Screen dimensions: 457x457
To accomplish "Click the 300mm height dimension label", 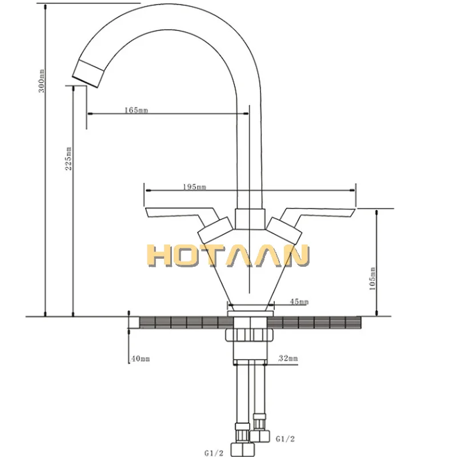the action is pos(42,81).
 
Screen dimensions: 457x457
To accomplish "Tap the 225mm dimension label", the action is pos(68,159).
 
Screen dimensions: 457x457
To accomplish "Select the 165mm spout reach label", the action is pos(136,110).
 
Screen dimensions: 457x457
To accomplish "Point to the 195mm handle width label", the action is pos(194,187).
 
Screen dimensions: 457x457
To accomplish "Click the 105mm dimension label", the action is pos(372,279).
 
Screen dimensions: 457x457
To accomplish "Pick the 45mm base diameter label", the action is pos(299,302).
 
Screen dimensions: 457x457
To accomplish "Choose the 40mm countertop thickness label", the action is pos(140,359).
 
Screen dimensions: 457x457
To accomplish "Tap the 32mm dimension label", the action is pos(288,358).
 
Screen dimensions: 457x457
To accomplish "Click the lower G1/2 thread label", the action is pos(214,453).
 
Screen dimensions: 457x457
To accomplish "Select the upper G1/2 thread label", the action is pos(285,439).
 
